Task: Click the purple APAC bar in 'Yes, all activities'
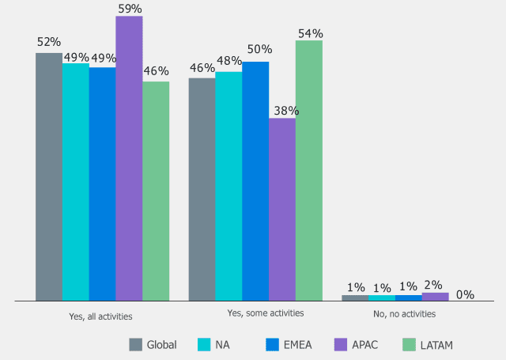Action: (129, 158)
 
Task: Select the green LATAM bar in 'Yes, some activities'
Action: (309, 170)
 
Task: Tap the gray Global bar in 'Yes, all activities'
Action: (49, 176)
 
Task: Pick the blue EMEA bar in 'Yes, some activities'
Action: (255, 181)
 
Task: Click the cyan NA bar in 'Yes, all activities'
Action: (76, 182)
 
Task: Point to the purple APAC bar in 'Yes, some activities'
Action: (282, 210)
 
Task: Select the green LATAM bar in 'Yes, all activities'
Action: (156, 191)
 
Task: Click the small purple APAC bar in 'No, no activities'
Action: (436, 296)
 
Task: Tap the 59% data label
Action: (129, 9)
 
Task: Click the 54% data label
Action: (309, 33)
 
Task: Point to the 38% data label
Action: (282, 111)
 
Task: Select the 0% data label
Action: (465, 294)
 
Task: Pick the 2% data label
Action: (433, 285)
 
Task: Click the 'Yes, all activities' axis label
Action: (100, 316)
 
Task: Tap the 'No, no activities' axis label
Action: (404, 314)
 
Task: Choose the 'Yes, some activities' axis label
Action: (266, 313)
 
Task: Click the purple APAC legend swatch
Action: (341, 344)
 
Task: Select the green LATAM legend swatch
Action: (409, 344)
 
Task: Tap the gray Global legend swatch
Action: (136, 344)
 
